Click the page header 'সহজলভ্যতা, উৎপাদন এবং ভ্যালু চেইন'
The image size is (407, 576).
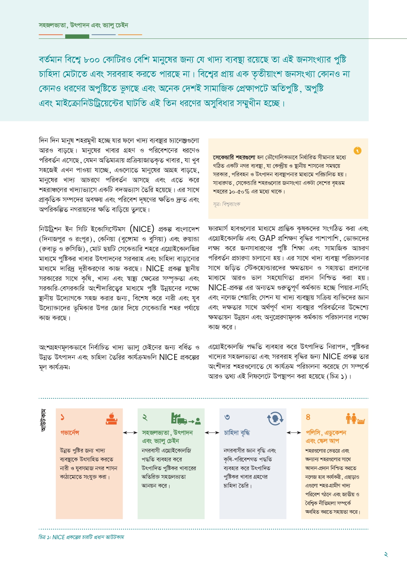(x=83, y=25)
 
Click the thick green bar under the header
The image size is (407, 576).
(x=77, y=36)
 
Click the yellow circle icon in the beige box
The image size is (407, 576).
(x=357, y=151)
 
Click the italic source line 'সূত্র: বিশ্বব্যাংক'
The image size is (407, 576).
(x=226, y=204)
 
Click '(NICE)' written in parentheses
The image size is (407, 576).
(x=142, y=229)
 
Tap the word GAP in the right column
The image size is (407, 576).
(x=267, y=238)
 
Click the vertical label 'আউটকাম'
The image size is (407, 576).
(x=43, y=420)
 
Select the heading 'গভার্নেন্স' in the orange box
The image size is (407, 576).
(x=70, y=433)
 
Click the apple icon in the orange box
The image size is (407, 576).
(x=112, y=418)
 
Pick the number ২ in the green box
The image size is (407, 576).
(x=145, y=417)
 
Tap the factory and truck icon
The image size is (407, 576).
(x=186, y=419)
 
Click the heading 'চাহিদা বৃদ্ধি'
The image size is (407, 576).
(x=237, y=433)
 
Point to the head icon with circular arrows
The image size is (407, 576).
(x=275, y=419)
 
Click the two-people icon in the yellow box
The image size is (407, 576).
(x=351, y=418)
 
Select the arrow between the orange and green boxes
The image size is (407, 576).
(x=130, y=433)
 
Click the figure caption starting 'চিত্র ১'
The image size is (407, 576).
(x=81, y=537)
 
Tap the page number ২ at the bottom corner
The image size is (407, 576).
(x=386, y=555)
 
